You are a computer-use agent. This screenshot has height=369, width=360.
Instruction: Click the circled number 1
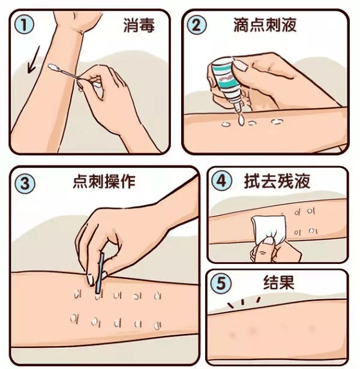pyautogui.click(x=24, y=25)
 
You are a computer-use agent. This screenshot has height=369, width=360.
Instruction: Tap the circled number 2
pyautogui.click(x=196, y=25)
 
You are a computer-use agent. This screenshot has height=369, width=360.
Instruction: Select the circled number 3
pyautogui.click(x=25, y=183)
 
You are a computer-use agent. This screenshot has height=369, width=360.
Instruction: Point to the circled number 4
pyautogui.click(x=221, y=181)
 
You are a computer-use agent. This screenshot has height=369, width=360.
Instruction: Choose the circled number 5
pyautogui.click(x=221, y=283)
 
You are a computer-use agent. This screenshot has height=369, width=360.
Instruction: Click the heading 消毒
pyautogui.click(x=139, y=25)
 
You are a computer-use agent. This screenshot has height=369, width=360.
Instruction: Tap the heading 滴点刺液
pyautogui.click(x=265, y=25)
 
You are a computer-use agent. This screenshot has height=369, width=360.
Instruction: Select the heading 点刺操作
pyautogui.click(x=104, y=181)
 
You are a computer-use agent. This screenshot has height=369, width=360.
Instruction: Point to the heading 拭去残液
pyautogui.click(x=277, y=181)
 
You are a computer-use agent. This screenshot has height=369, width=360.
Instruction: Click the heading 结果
pyautogui.click(x=279, y=282)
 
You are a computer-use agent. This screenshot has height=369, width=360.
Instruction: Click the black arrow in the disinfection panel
pyautogui.click(x=33, y=60)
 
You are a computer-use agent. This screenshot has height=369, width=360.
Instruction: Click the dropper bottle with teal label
pyautogui.click(x=226, y=83)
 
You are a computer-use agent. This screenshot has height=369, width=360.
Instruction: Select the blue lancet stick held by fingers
pyautogui.click(x=100, y=273)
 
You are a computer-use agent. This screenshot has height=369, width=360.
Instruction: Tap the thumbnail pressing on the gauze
pyautogui.click(x=268, y=241)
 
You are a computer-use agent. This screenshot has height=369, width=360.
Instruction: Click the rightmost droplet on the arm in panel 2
pyautogui.click(x=277, y=122)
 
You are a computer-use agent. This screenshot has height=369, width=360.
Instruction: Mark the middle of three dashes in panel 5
pyautogui.click(x=243, y=302)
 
